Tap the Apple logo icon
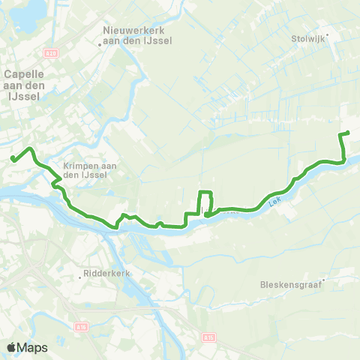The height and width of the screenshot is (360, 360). click(11, 347)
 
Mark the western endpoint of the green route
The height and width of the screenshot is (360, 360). click(13, 157)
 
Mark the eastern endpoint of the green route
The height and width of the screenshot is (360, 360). click(349, 133)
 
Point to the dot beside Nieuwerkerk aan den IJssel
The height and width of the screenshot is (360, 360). click(100, 44)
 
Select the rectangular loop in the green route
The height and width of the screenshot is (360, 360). click(205, 202)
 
